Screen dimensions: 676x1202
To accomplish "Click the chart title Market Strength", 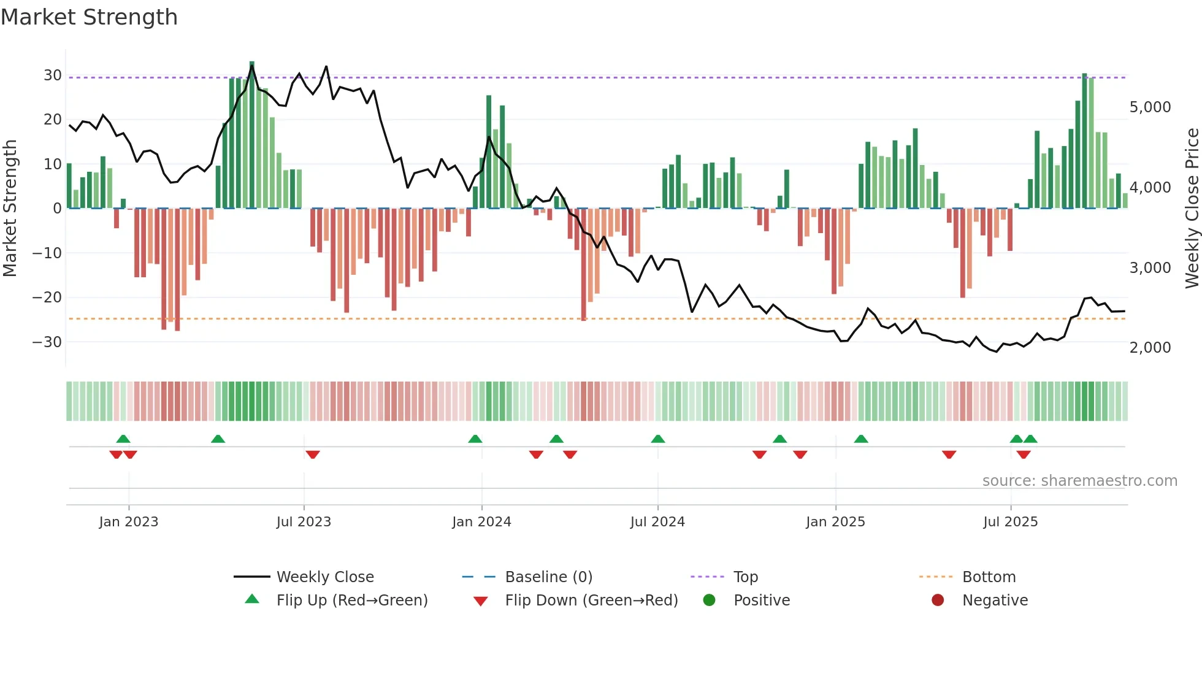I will coord(89,17).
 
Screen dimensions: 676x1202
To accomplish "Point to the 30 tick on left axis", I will coord(52,75).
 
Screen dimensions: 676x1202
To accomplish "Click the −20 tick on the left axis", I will coord(47,298).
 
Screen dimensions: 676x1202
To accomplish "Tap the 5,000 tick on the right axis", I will coord(1150,107).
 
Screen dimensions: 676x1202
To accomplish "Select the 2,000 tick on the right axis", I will coord(1150,348).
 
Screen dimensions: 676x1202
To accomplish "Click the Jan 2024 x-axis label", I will coord(481,522).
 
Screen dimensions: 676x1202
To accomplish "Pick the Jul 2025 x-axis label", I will coord(1010,522).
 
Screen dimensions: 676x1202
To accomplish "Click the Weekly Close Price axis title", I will coord(1192,209).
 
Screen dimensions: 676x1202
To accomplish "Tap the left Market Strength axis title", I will coord(10,209).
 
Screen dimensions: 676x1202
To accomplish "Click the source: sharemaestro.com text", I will coord(1079,481).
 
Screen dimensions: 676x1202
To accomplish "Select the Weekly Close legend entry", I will coord(325,577).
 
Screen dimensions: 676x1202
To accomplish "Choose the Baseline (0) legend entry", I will coord(548,577).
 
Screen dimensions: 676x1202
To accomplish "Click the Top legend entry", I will coord(746,577).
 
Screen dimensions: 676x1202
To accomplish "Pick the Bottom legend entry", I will coord(989,577).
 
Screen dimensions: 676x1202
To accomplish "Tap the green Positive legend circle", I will coord(709,601).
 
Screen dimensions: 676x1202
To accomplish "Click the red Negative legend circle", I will coord(937,601).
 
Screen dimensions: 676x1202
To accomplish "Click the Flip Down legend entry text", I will coord(591,601).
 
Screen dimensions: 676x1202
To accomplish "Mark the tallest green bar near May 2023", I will coord(252,135).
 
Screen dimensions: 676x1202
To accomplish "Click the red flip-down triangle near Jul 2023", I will coord(313,455).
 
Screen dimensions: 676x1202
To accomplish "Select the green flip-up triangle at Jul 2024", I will coord(658,439).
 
